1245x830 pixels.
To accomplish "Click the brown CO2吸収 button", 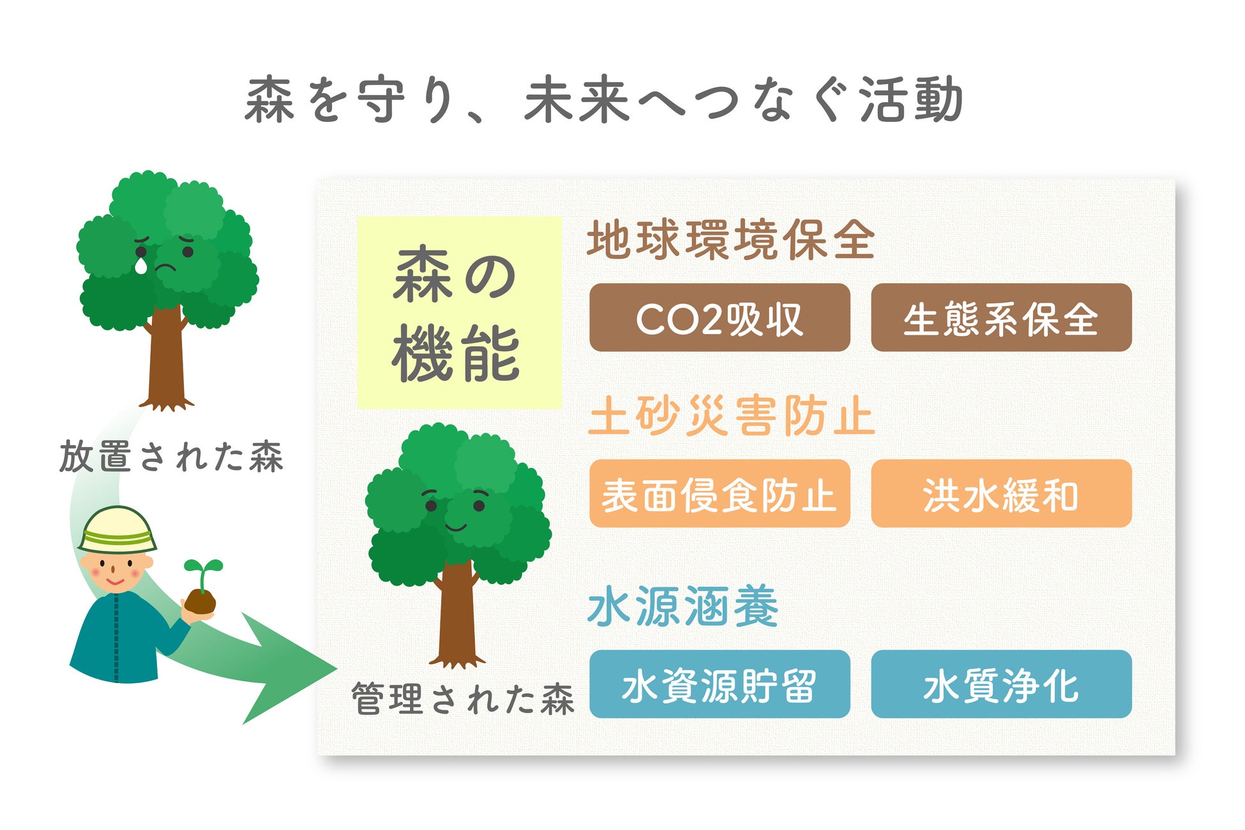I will point(720,317).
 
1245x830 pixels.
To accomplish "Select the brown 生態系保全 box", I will point(1001,317).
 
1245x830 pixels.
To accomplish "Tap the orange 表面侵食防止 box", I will point(720,494).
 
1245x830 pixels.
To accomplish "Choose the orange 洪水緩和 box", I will point(1001,494).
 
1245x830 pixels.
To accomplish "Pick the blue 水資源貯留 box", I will point(720,684).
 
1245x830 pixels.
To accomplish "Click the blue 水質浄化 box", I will point(1001,684).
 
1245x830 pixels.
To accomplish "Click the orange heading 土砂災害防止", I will point(731,416).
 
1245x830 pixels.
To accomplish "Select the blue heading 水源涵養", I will point(683,607).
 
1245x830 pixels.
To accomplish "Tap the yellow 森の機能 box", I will point(458,313).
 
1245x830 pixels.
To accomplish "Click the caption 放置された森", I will point(171,456).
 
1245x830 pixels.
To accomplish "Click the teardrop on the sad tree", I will point(140,265).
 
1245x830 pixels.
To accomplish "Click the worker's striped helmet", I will point(117,530).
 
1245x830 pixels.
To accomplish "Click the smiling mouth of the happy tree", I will point(456,527).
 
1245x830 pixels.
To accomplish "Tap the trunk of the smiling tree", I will point(456,613).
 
